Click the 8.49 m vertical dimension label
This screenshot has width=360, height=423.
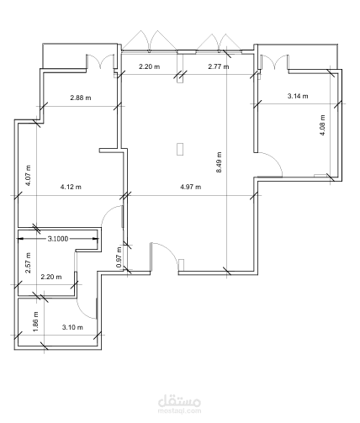[x=219, y=161]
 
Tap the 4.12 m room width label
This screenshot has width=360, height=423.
[x=71, y=187]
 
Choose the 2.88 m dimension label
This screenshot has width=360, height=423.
[x=81, y=97]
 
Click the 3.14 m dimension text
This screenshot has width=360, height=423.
[x=298, y=97]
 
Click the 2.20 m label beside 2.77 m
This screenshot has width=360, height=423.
[x=148, y=66]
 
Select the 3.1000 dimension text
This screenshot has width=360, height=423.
[x=59, y=239]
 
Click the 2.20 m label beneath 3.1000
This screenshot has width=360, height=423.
[x=51, y=277]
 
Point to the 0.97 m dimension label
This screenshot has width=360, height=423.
[x=119, y=256]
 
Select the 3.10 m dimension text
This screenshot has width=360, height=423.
[x=72, y=327]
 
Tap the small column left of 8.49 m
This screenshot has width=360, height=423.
[x=180, y=150]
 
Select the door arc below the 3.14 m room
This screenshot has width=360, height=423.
[x=267, y=162]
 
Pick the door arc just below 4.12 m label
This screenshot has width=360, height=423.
[x=112, y=217]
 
